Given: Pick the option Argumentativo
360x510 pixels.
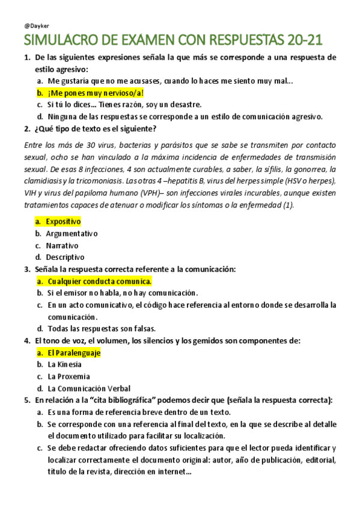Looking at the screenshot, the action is tap(72, 233).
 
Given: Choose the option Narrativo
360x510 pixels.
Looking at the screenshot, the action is tap(62, 245).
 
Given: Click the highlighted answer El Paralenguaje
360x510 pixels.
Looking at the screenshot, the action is tap(73, 352).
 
